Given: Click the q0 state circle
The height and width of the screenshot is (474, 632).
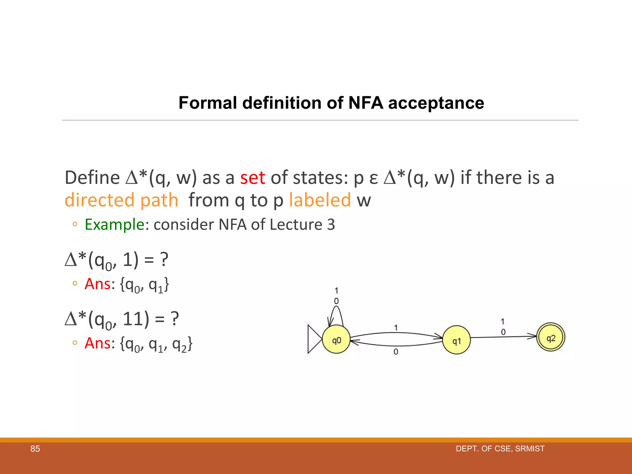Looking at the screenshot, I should pos(336,340).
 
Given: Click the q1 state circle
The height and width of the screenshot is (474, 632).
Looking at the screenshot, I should pos(456,340).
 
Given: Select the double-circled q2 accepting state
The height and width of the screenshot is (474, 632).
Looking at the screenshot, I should pos(551,337).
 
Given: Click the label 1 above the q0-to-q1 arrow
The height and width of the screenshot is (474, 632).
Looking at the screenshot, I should pos(396,327).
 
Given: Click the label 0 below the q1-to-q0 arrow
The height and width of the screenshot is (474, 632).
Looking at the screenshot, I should pos(396,352).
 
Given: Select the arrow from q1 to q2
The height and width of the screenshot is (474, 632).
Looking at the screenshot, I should pos(503,337).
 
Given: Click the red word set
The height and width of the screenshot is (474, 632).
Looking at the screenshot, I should pos(253,178).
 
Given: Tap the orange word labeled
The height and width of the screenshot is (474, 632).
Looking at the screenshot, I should pos(320,200).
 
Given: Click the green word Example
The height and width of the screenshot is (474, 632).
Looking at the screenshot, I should pos(114,224).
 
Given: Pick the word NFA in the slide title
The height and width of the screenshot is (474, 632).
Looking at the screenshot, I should pos(366,103).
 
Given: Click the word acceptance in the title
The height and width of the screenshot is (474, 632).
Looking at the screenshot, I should pos(436,103).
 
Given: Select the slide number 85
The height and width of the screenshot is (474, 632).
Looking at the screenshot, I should pos(35,449).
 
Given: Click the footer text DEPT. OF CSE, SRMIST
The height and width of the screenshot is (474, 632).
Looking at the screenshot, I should pos(500,449).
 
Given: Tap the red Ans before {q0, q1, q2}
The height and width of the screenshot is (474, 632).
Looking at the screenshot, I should pos(98,343).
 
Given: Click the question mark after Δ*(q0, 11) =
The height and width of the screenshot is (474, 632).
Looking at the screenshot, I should pos(175,319).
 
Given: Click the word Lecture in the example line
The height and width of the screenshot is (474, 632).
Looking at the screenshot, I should pos(296,224).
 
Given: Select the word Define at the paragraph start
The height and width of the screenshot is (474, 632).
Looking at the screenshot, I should pos(92,178).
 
